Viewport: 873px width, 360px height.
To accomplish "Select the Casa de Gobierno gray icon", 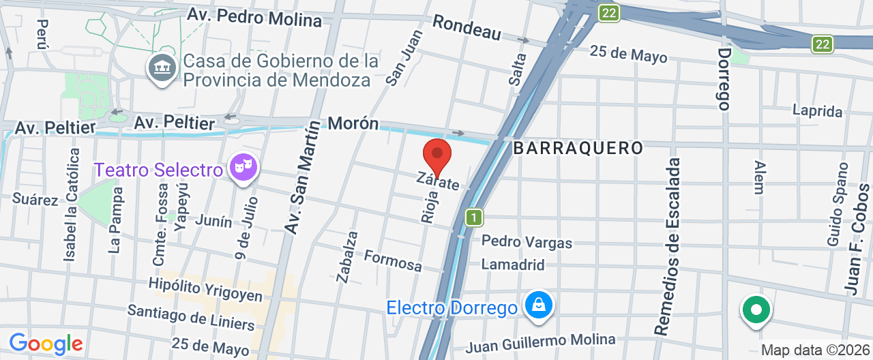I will (162, 69).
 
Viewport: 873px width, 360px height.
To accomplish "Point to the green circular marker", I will (756, 310).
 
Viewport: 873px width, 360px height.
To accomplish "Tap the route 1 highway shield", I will (474, 218).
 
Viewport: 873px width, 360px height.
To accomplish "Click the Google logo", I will (46, 344).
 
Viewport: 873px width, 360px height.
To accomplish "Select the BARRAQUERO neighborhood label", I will (578, 148).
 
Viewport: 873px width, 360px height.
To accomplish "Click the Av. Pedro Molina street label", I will (254, 17).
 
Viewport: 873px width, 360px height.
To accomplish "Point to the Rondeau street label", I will (467, 27).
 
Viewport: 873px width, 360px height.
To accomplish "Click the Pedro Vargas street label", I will (527, 242).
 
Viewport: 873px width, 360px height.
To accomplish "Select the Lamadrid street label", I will (513, 265).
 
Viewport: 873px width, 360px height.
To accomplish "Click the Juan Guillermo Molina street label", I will (540, 342).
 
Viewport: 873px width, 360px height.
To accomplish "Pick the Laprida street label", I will (817, 110).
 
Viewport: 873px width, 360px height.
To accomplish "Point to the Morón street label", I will (353, 123).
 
